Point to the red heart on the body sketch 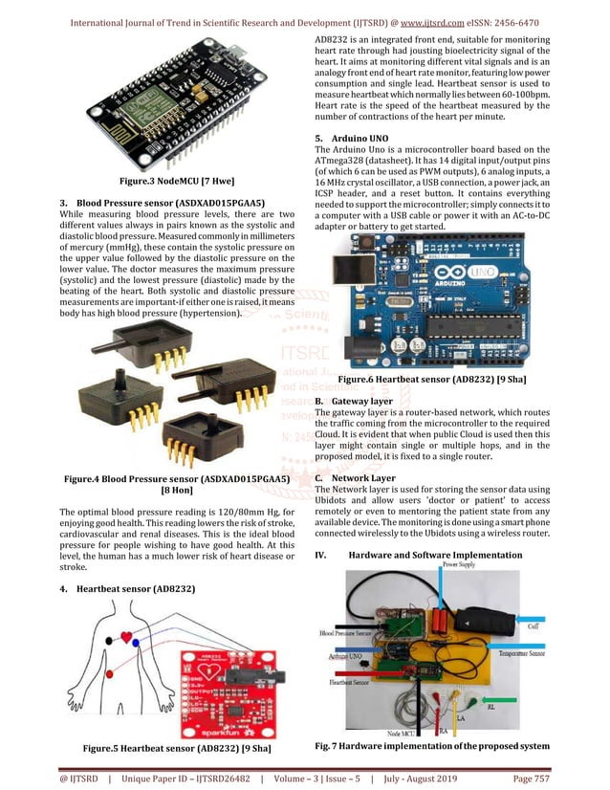(125, 636)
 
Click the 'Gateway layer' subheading (359, 401)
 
